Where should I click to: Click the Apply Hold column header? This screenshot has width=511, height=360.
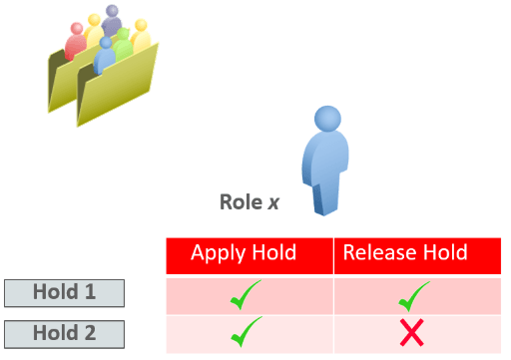click(249, 254)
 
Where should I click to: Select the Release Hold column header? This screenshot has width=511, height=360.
click(416, 254)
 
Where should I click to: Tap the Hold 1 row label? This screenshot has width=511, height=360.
click(64, 293)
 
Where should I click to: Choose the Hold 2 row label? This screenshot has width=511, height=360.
click(64, 333)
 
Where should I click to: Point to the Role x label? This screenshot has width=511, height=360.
click(249, 202)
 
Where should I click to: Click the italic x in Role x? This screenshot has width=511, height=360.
click(272, 203)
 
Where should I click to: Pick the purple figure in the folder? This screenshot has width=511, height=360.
click(111, 22)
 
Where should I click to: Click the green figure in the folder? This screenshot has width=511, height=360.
click(123, 45)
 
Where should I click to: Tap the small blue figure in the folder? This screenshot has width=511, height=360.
click(104, 57)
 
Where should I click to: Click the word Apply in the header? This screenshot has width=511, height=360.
click(218, 253)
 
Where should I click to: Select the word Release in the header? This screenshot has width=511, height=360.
click(378, 253)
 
